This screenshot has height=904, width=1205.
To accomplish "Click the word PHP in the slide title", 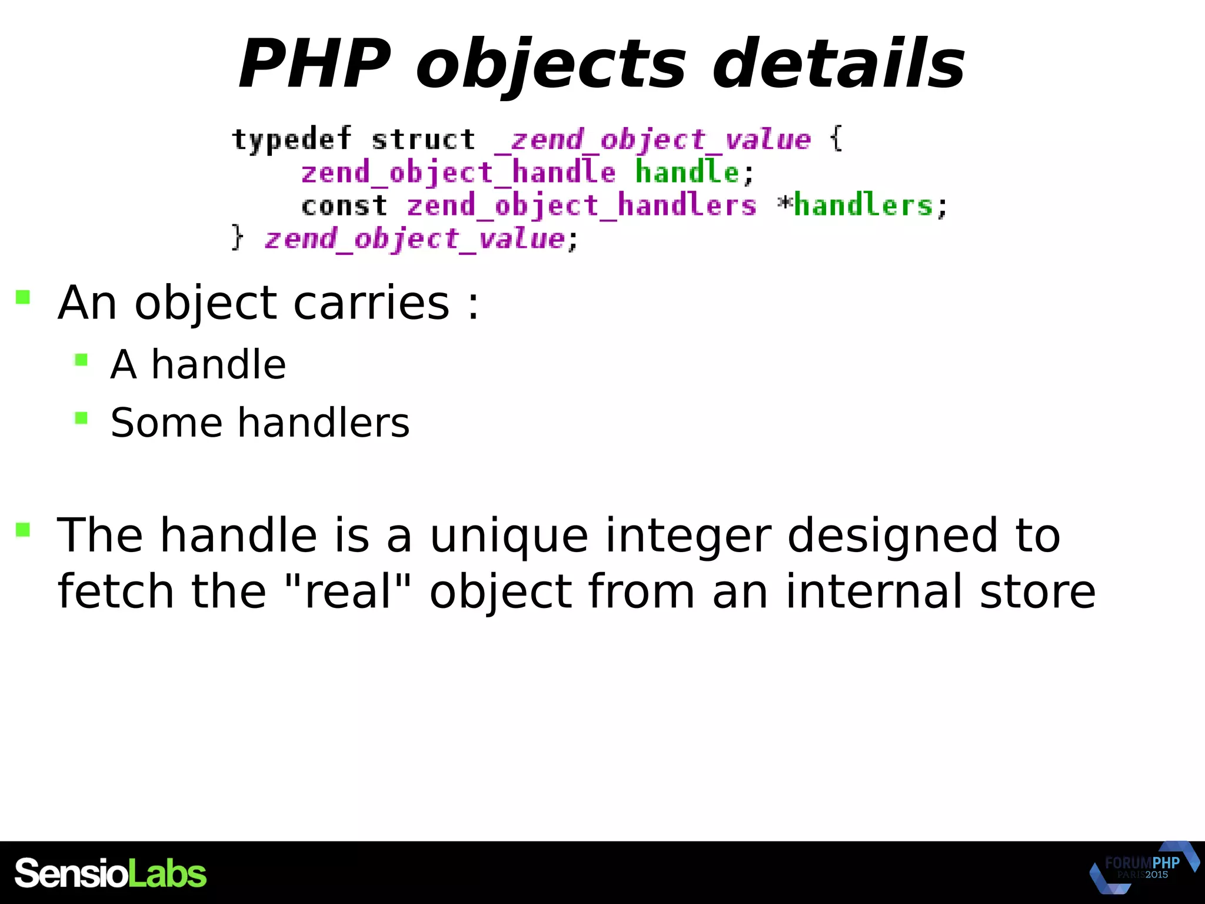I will pos(315,64).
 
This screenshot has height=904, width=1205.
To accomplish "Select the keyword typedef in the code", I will pos(292,140).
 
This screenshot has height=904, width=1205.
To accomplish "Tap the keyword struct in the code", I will pos(423,140).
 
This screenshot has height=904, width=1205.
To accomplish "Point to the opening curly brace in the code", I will pos(835,140).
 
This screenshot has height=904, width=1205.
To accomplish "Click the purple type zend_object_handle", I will pos(458,173).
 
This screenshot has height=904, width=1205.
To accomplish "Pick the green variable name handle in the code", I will pos(687,173).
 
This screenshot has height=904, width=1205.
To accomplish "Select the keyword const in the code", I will pos(344,206).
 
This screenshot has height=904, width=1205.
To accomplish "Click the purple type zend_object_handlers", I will pos(581,206).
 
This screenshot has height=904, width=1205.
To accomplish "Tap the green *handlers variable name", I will pos(862,206).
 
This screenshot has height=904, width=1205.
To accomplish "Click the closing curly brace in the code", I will pos(237,238).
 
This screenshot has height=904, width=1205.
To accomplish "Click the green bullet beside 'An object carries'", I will pos(23,297).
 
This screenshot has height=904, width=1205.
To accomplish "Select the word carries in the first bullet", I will pos(371,303).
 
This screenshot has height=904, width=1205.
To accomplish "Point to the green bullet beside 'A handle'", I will pos(82,360).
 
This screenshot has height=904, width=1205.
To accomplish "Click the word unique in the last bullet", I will pos(509,536).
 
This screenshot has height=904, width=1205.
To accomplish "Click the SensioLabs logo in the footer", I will pos(111,873).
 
